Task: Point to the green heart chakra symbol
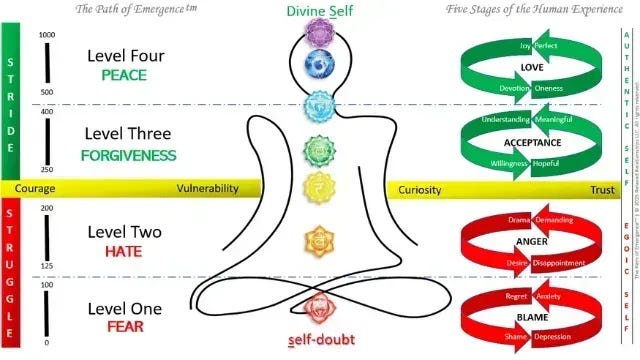318,150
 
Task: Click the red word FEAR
120,326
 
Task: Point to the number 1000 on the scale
46,35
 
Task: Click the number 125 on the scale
46,267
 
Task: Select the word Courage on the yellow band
35,188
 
